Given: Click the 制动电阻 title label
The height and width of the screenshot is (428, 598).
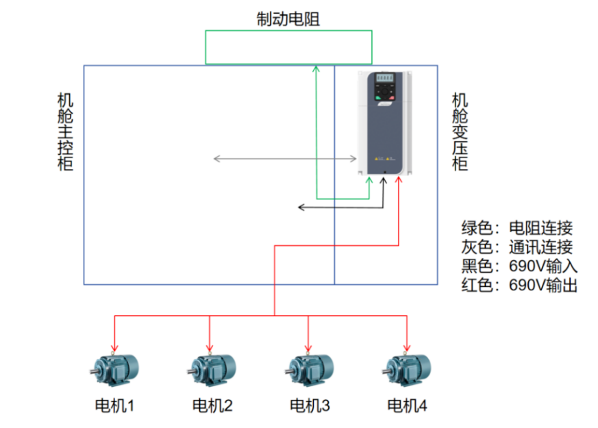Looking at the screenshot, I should tap(288, 19).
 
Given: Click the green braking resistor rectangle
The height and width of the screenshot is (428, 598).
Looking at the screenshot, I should tap(288, 47).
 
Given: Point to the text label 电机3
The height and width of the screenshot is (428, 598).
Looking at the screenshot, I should tap(310, 406).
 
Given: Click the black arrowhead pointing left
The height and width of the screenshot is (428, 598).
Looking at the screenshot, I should tap(301, 207).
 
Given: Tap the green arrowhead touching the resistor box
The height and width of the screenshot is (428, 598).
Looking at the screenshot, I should tap(316, 68).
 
